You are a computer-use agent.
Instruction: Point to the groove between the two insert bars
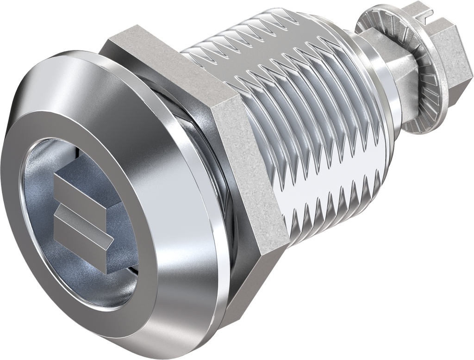pyautogui.click(x=83, y=210)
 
